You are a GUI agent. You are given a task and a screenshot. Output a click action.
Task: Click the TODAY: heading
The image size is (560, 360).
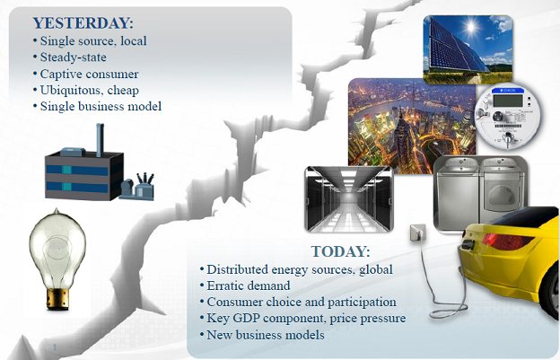click(340, 251)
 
